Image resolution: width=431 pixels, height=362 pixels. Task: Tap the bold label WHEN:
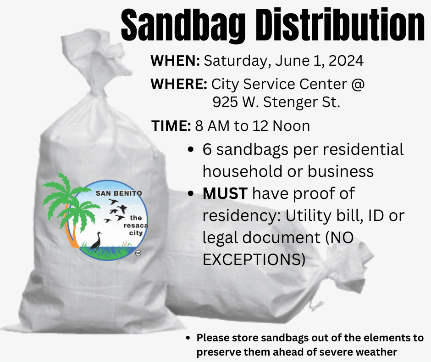coord(175,61)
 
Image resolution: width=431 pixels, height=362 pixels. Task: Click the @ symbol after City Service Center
coord(359,85)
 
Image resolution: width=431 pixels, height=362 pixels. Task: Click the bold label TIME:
coord(171,126)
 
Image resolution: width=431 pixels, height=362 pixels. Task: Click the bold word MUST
coord(225,193)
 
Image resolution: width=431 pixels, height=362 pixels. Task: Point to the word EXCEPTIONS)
coord(254,259)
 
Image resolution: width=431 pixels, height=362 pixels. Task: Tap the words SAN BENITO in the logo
coord(118,193)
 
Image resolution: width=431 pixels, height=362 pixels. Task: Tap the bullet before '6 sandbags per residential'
coord(191,150)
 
